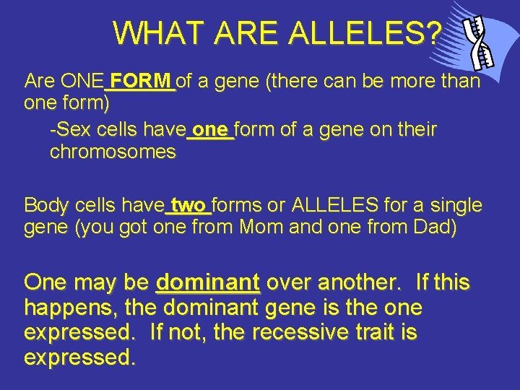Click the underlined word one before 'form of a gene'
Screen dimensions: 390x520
211,130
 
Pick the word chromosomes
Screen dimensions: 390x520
113,152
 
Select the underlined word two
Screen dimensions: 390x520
188,205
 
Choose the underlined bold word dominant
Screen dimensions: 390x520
208,282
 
